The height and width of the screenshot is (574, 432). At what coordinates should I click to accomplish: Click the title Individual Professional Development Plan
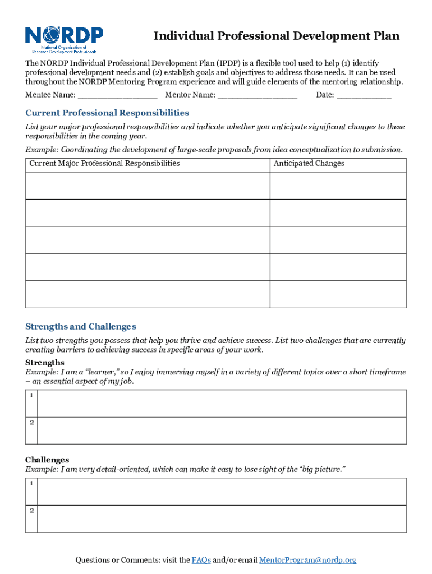click(x=277, y=36)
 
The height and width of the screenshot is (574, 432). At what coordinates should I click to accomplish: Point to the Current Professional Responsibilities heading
click(x=107, y=113)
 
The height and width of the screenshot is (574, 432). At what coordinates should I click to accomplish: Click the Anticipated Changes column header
click(x=309, y=164)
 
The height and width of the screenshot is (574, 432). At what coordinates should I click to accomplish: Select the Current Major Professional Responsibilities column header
click(x=104, y=164)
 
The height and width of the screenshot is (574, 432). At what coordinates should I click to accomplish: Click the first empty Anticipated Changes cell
click(x=338, y=186)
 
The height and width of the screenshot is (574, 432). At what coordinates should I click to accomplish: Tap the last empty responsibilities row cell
click(x=148, y=294)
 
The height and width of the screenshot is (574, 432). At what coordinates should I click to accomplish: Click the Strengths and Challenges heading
click(x=81, y=327)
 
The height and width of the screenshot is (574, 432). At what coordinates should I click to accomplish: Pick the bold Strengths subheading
click(x=45, y=363)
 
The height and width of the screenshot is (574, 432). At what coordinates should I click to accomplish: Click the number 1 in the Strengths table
click(x=32, y=396)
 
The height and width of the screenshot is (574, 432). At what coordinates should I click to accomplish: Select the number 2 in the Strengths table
click(x=32, y=423)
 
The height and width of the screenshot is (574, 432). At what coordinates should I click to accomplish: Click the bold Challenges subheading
click(x=47, y=460)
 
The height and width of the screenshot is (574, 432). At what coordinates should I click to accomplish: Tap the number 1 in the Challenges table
click(x=32, y=483)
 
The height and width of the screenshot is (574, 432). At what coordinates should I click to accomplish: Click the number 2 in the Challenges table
click(x=32, y=511)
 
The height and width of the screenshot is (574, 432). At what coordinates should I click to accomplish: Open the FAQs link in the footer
click(x=201, y=560)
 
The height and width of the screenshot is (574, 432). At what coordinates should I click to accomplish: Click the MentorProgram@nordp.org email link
click(x=307, y=560)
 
